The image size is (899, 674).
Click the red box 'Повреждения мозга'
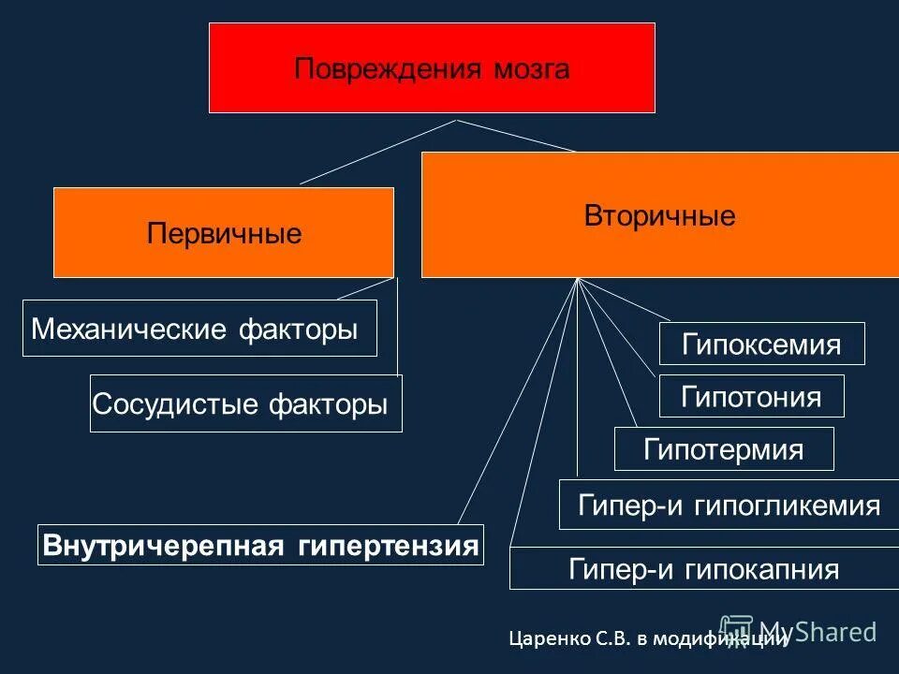tap(432, 68)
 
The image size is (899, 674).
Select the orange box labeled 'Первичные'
tap(224, 232)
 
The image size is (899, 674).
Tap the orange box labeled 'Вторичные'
tap(659, 215)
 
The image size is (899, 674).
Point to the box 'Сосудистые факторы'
tap(245, 403)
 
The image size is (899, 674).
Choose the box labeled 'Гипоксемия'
tap(761, 344)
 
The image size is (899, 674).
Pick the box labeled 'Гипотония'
tap(752, 396)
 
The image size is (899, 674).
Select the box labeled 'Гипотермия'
tap(723, 448)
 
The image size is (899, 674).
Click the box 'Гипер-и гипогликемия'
tap(729, 505)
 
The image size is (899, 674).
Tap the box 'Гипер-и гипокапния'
tap(703, 569)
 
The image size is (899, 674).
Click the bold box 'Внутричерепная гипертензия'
tap(261, 545)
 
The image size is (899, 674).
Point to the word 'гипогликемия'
tap(788, 505)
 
